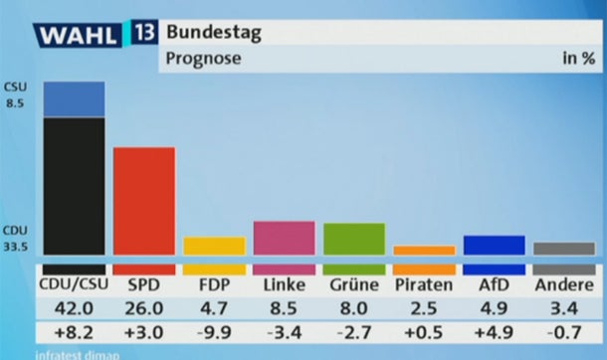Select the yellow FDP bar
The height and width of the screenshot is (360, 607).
(214, 246)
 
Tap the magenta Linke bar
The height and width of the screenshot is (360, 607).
(285, 238)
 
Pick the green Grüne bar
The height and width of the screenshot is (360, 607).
(354, 239)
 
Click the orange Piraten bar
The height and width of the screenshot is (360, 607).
(424, 250)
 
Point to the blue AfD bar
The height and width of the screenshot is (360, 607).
(494, 245)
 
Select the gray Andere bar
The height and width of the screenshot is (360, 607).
(564, 249)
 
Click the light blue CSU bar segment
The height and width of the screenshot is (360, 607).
(75, 99)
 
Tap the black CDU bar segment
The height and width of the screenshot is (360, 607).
(75, 187)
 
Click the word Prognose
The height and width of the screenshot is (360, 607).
(203, 59)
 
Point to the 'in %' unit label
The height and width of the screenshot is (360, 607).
(578, 59)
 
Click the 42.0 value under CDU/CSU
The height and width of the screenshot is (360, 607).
(74, 309)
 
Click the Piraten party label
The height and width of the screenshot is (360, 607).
(424, 285)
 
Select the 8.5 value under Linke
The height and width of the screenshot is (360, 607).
(285, 309)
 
